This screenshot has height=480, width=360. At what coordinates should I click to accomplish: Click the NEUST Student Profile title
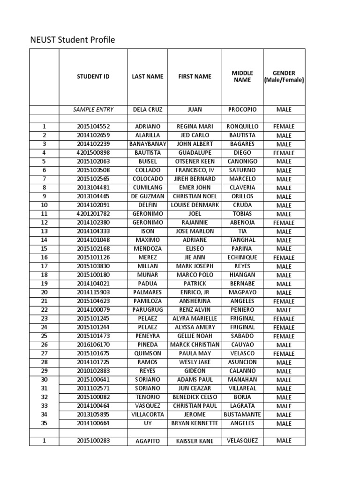click(72, 40)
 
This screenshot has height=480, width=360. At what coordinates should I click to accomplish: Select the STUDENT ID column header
click(93, 76)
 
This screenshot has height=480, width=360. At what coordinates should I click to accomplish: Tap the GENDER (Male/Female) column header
click(284, 76)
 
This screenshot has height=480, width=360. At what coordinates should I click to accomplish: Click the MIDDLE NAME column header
click(242, 76)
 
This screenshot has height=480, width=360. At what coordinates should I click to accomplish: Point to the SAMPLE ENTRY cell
click(93, 109)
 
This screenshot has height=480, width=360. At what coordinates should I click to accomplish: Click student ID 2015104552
click(93, 127)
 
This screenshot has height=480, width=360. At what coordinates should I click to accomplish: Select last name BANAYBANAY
click(148, 144)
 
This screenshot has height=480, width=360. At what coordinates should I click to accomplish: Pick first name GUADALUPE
click(195, 153)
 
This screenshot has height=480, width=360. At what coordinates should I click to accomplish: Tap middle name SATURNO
click(242, 170)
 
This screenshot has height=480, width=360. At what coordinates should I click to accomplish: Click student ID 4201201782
click(93, 214)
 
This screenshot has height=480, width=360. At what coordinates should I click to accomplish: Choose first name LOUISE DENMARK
click(195, 205)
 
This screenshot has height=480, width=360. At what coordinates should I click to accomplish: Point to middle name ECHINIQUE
click(242, 257)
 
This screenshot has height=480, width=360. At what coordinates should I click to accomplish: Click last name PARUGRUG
click(148, 310)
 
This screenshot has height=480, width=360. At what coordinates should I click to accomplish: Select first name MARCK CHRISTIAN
click(195, 345)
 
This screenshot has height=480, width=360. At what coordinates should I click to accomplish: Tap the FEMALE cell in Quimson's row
click(284, 354)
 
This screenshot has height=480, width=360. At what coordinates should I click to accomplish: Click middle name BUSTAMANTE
click(242, 414)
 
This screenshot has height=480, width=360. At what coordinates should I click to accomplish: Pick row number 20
click(45, 292)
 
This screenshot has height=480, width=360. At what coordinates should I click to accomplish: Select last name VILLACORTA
click(148, 414)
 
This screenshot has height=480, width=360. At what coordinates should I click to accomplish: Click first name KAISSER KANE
click(195, 441)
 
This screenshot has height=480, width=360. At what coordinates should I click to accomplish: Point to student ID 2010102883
click(93, 371)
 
